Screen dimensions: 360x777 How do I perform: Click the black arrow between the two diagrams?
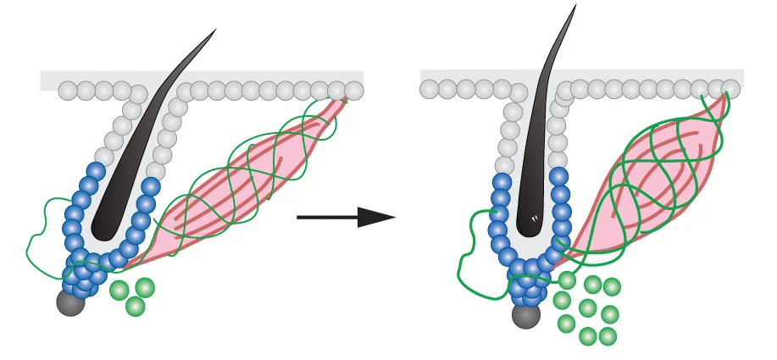[339, 218]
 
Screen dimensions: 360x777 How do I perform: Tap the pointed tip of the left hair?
[214, 30]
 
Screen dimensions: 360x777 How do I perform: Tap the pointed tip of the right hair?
[576, 6]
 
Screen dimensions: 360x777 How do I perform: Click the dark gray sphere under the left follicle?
[70, 302]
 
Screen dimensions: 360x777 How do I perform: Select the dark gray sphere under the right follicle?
[526, 316]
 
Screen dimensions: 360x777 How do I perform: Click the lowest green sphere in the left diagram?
[135, 307]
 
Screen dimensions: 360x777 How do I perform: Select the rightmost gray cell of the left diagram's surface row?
[354, 91]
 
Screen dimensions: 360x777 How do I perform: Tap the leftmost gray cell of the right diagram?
[430, 88]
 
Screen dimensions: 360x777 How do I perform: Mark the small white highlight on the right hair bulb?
[536, 219]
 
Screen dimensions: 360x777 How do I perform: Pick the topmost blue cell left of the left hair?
[96, 172]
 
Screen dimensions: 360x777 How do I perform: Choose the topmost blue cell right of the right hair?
[559, 177]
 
